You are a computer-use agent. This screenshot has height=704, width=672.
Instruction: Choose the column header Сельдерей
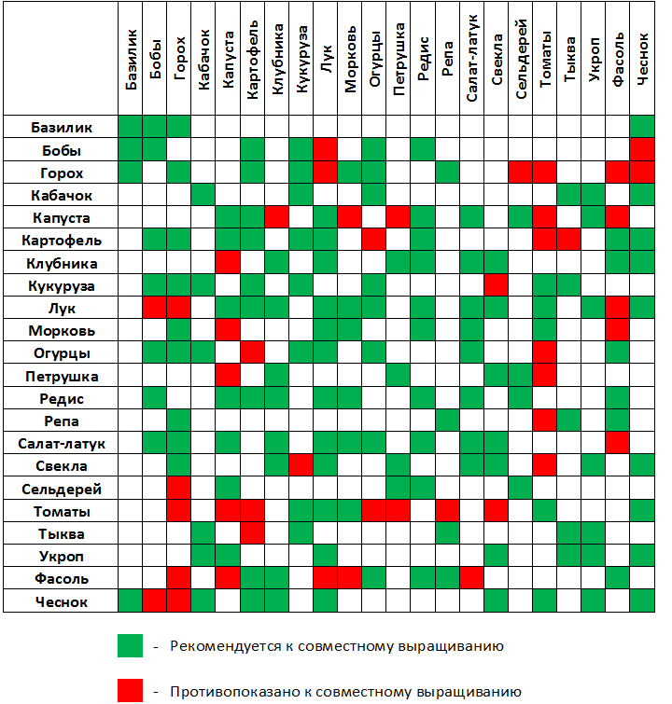(521, 59)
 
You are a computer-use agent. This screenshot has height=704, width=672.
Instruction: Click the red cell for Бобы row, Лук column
(325, 149)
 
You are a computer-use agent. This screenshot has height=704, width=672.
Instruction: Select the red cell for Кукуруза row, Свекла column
(496, 285)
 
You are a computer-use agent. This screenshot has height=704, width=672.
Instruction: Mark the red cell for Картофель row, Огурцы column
(374, 240)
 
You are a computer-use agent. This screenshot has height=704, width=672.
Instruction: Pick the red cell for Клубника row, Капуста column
(228, 263)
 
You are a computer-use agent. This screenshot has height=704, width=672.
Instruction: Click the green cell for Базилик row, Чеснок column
(642, 127)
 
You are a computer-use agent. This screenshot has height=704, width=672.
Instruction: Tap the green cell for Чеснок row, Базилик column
(131, 601)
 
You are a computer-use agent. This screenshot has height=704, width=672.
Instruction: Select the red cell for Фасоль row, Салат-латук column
(471, 579)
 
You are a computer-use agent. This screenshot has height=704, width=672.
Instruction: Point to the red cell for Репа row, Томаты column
(544, 421)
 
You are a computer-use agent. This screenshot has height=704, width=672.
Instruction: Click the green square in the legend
(130, 646)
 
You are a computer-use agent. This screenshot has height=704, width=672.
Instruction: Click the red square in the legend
(130, 690)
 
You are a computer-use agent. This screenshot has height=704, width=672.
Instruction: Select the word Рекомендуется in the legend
(221, 646)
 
